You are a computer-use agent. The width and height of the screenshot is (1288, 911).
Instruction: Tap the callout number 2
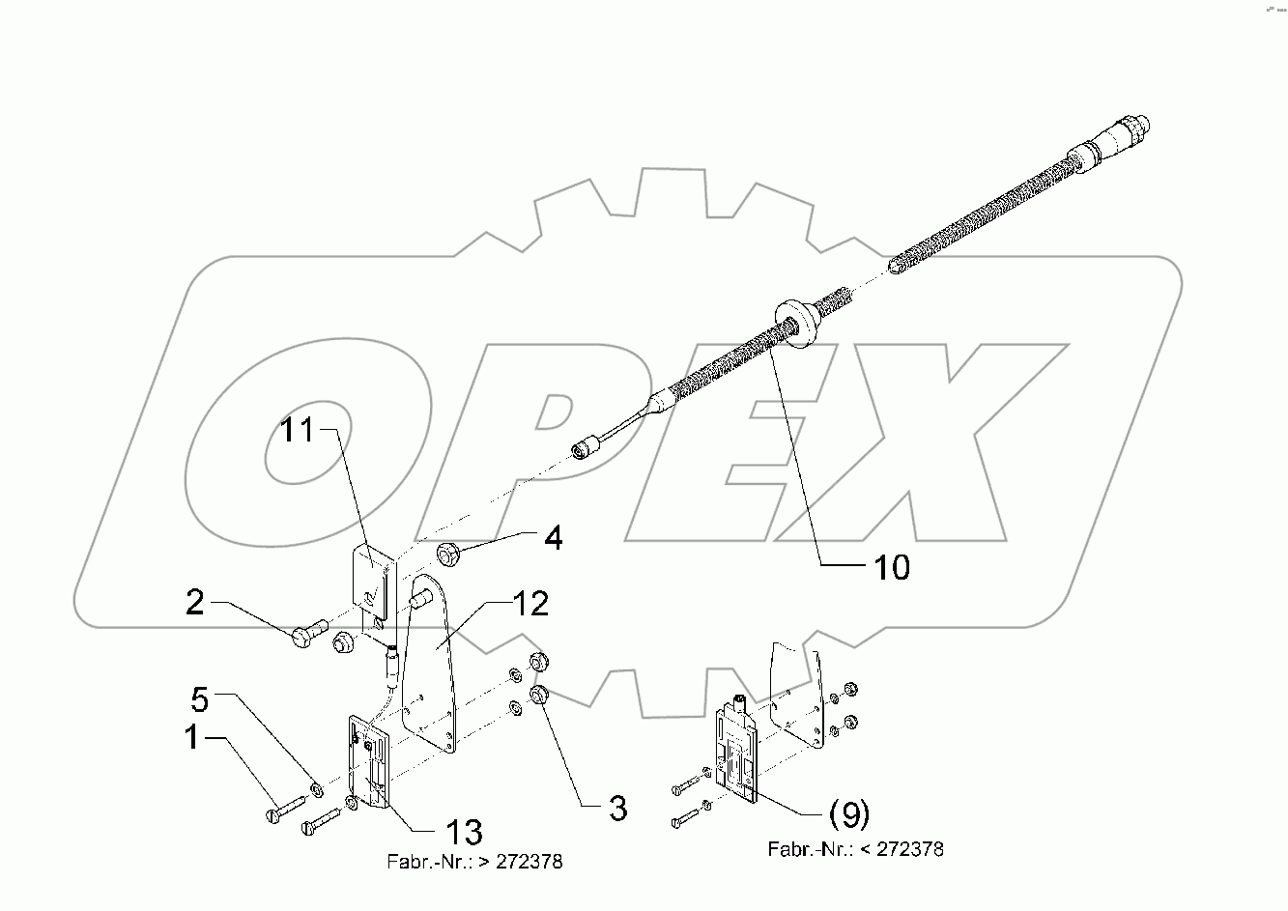click(x=195, y=604)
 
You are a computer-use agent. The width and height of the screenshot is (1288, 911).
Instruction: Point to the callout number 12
click(x=530, y=604)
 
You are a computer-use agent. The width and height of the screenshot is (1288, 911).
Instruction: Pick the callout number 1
click(x=193, y=738)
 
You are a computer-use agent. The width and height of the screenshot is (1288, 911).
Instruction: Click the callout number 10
click(x=893, y=567)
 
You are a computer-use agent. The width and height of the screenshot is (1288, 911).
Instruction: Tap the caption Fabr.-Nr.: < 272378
click(x=855, y=849)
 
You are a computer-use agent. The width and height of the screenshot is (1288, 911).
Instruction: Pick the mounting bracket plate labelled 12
click(x=431, y=667)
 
